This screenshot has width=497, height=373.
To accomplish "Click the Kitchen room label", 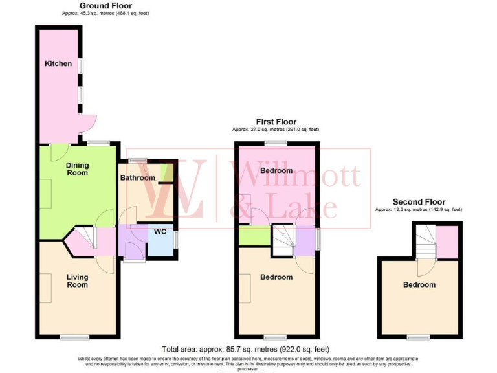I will click(x=58, y=63).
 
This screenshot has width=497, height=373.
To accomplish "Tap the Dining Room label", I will click(x=78, y=169).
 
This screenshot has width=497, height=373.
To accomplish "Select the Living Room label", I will click(x=78, y=281).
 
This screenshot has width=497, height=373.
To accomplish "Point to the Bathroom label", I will click(x=137, y=178).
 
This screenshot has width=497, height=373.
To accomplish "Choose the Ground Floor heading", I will click(x=105, y=5).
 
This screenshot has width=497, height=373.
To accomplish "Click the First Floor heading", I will click(x=276, y=121).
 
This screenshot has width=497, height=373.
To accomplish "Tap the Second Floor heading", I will click(x=419, y=202).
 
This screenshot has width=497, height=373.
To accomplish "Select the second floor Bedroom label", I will click(x=419, y=284).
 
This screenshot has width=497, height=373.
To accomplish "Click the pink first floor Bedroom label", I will click(x=276, y=170).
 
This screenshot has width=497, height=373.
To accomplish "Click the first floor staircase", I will click(x=283, y=240).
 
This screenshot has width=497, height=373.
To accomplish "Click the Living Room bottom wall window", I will click(x=75, y=337).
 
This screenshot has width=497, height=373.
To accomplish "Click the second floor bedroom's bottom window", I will click(x=419, y=337).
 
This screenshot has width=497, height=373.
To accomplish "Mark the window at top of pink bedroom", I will click(x=276, y=143).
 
